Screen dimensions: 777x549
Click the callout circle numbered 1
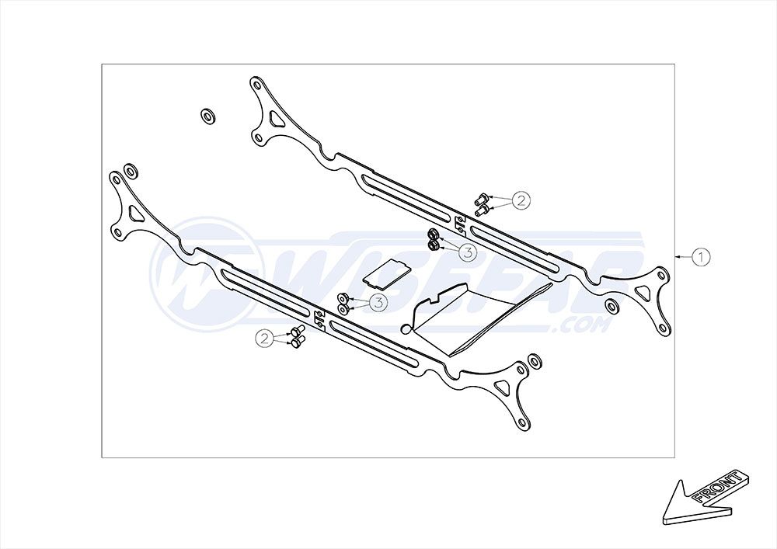coord(701,257)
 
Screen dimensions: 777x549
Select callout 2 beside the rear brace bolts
coord(521,200)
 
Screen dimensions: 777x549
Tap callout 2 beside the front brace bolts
coord(265,339)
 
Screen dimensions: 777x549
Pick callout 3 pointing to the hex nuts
coord(467,252)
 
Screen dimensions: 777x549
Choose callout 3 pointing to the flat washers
coord(378,302)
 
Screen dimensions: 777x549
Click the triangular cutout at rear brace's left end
coord(275,118)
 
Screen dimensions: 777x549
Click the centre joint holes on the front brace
coord(319,319)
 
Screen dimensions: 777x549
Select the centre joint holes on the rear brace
coord(460,223)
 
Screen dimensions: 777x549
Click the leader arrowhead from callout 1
coord(678,256)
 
